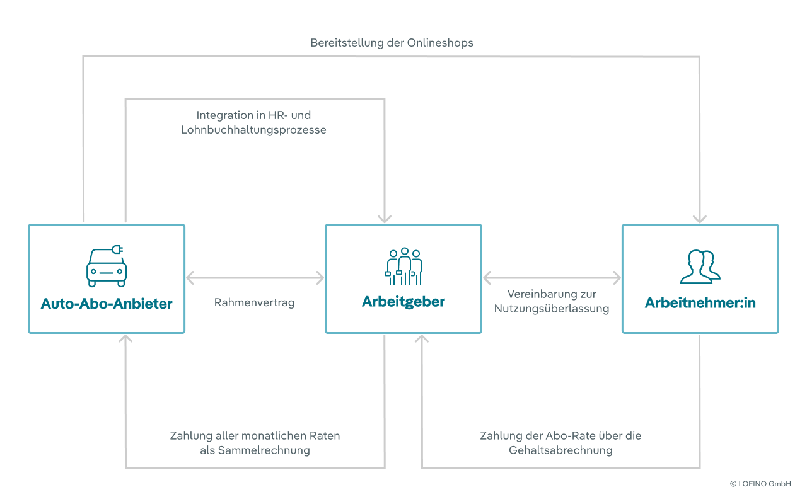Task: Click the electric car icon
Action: coord(107,266)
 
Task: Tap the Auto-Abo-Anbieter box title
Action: coord(107,304)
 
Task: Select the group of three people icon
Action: coord(403,266)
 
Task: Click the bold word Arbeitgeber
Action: coord(403,302)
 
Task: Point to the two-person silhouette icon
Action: coord(700,266)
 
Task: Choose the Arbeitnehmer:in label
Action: coord(700,303)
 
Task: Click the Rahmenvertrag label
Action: coord(254,302)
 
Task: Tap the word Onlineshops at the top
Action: coord(440,43)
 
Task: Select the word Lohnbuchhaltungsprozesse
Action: coord(253,130)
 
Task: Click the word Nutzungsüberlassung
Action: coord(552,309)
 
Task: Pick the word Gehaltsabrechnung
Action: coord(560,450)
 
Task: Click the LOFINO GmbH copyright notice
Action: coord(760,484)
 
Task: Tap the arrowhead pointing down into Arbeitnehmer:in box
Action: coord(700,219)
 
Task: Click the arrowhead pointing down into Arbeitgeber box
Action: coord(385,219)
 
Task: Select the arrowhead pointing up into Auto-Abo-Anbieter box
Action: coord(125,338)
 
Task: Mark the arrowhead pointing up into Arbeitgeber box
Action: coord(422,338)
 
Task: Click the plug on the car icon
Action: coord(117,249)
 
